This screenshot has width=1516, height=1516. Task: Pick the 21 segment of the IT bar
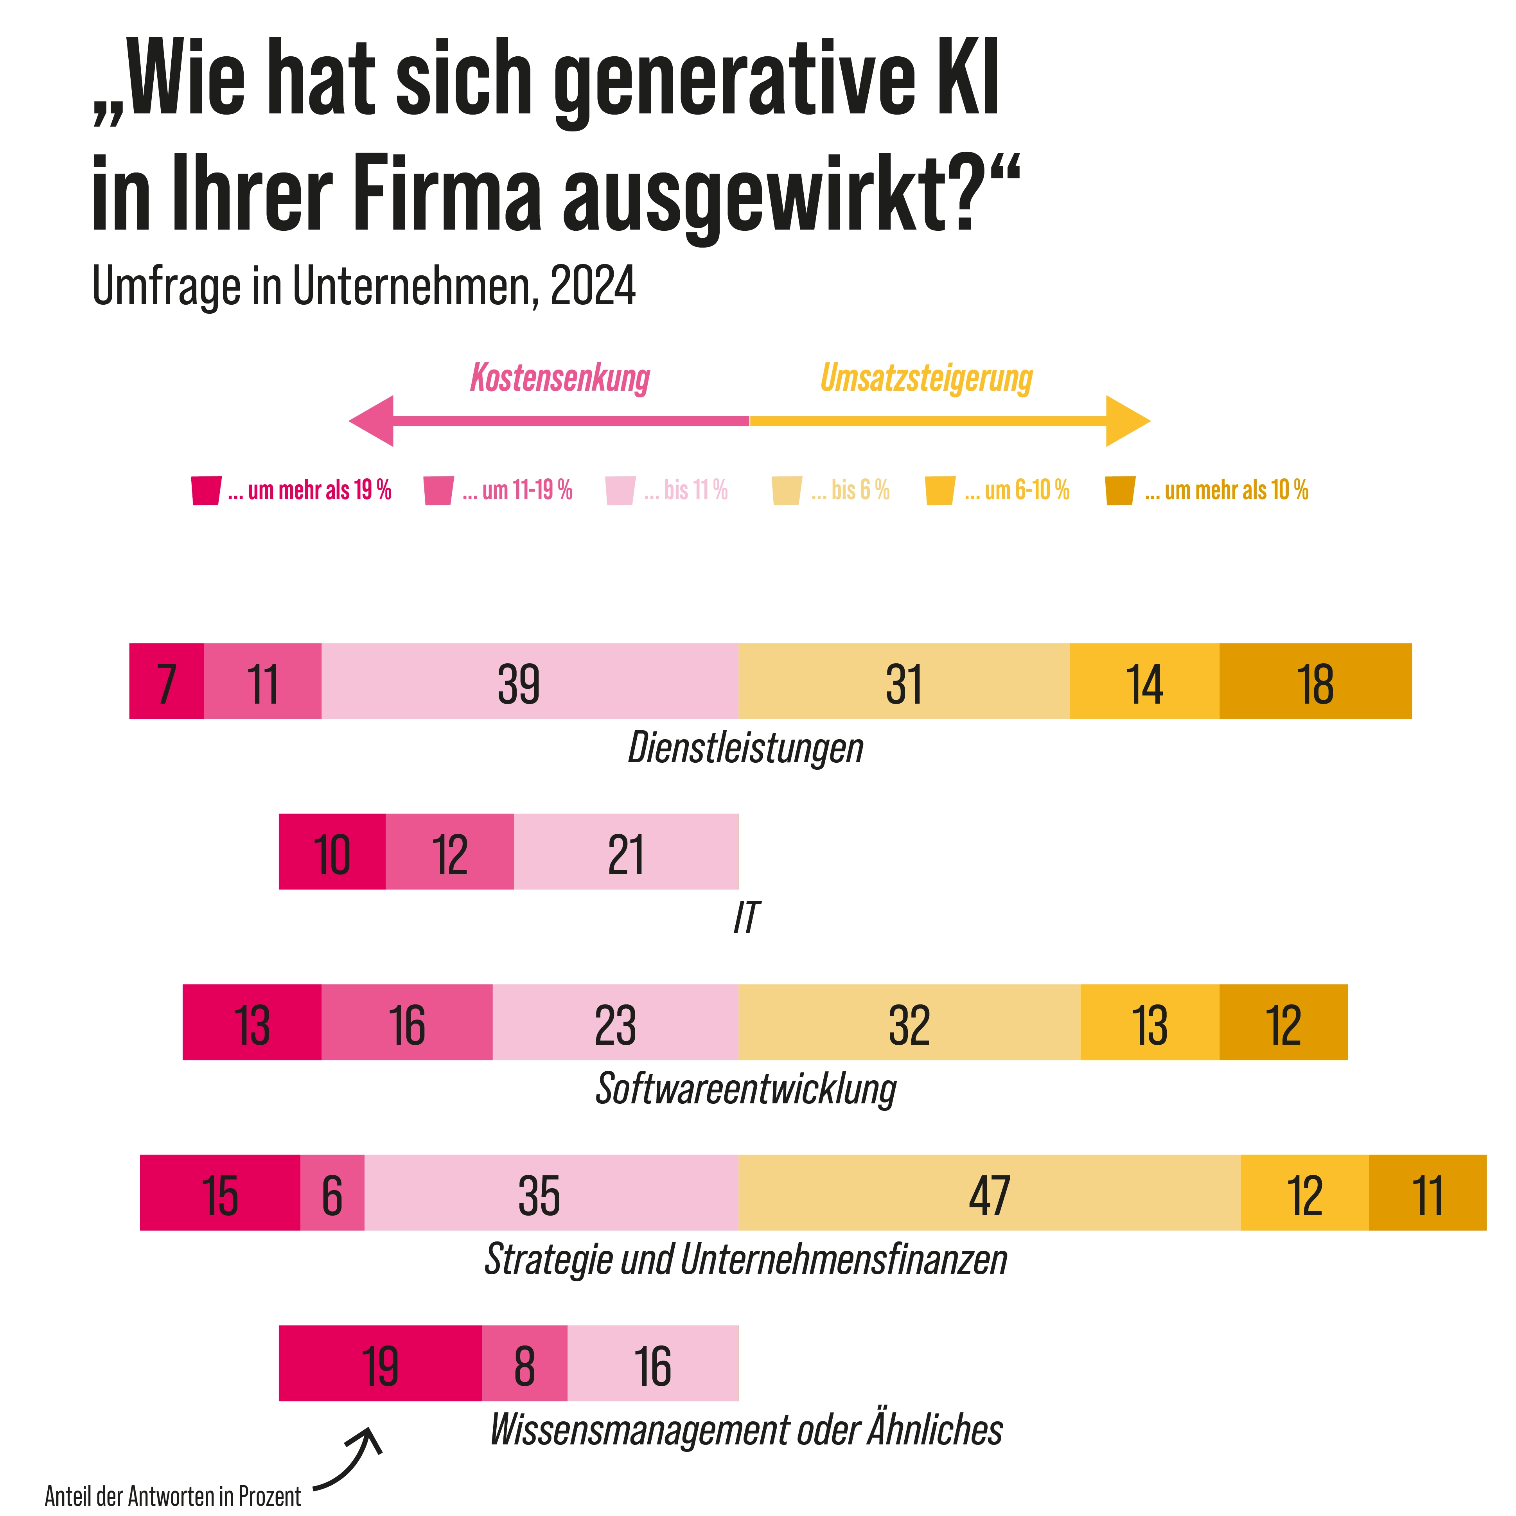626,851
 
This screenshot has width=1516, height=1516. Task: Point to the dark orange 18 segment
1315,681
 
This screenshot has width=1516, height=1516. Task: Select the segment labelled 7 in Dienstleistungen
166,681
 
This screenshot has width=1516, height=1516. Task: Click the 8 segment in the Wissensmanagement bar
524,1363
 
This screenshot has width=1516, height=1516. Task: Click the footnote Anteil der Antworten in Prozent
172,1496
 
